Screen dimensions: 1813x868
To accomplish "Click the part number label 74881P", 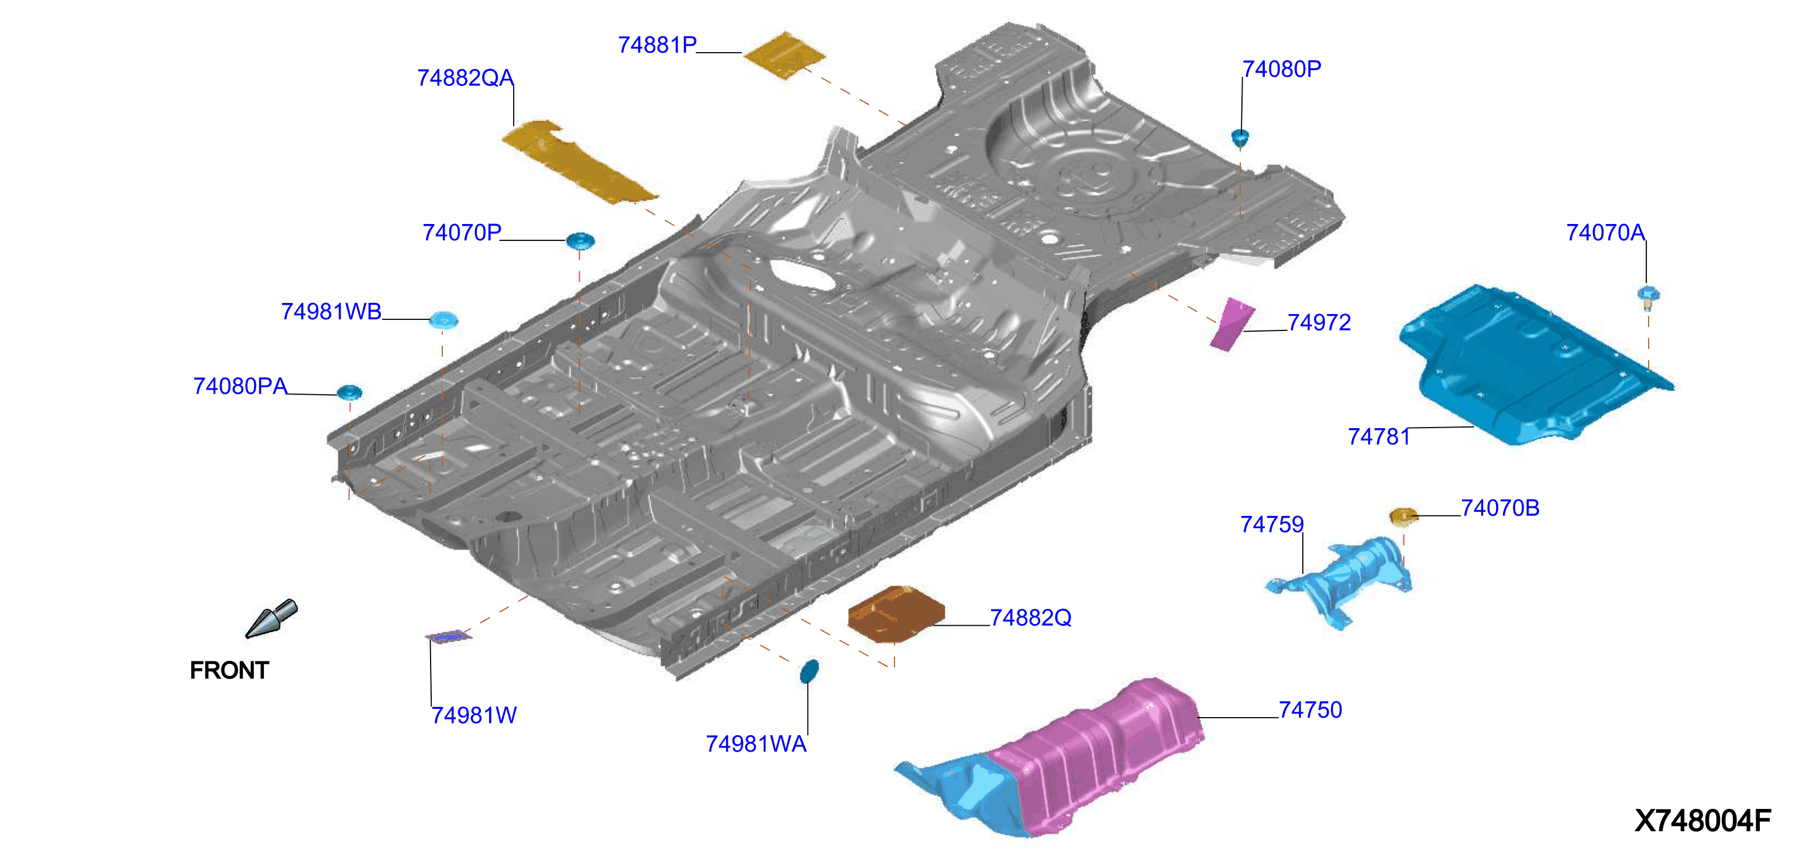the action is (656, 45).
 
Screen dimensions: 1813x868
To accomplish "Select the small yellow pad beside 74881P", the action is (784, 55).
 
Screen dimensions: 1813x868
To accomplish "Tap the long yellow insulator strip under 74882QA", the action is (579, 161).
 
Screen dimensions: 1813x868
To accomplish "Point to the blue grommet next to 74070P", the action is (580, 241).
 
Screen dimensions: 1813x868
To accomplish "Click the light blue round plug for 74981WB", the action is (443, 320).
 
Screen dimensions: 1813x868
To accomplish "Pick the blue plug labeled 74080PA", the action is (349, 392).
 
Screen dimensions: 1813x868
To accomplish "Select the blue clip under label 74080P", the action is (1240, 137).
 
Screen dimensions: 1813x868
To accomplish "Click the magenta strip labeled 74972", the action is (1231, 324).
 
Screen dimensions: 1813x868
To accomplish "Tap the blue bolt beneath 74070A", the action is (1647, 296).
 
